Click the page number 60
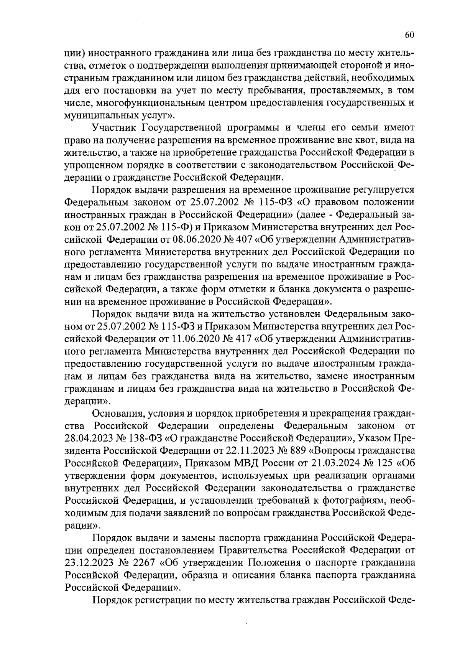click(409, 35)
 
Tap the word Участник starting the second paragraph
click(114, 128)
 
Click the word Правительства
click(253, 550)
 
